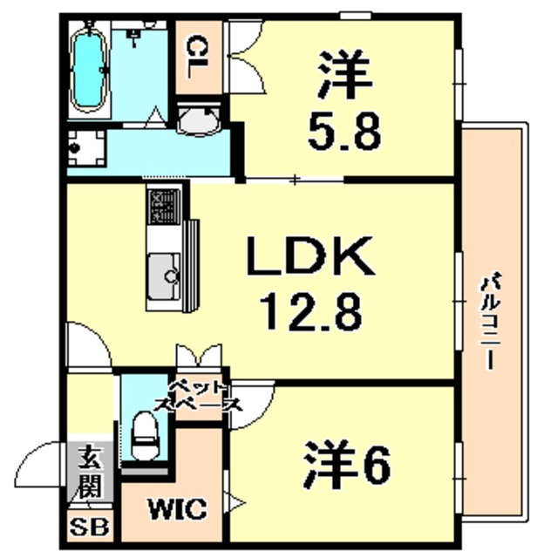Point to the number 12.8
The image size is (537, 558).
point(311,310)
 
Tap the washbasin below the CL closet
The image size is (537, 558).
point(199,121)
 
